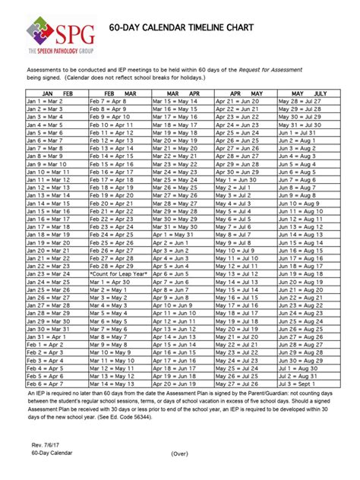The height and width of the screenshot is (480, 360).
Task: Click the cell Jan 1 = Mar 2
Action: point(42,99)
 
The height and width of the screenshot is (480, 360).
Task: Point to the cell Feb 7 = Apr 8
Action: point(107,99)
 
